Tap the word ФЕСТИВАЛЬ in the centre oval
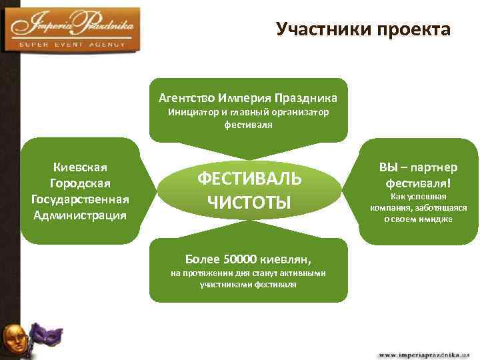(249, 179)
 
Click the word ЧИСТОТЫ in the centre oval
(249, 201)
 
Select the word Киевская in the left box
(80, 167)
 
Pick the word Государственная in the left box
(80, 199)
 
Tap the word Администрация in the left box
(80, 215)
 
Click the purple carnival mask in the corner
(46, 335)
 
